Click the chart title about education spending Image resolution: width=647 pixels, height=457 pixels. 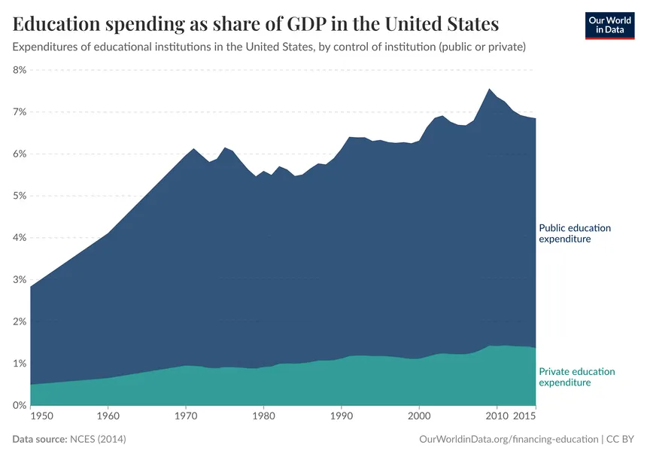(256, 24)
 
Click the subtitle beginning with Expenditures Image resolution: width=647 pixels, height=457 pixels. (269, 47)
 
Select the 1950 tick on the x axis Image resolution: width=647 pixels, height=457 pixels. (42, 416)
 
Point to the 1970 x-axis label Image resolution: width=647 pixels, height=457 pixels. (186, 416)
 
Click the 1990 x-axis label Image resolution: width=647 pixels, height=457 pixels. (342, 416)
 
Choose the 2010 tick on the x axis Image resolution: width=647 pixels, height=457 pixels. (497, 416)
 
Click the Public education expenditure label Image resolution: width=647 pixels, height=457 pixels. (575, 233)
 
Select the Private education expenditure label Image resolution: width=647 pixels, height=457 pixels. (576, 377)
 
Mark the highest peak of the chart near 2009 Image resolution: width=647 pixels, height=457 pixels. (489, 89)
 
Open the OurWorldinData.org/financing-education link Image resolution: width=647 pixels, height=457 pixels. (508, 438)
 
